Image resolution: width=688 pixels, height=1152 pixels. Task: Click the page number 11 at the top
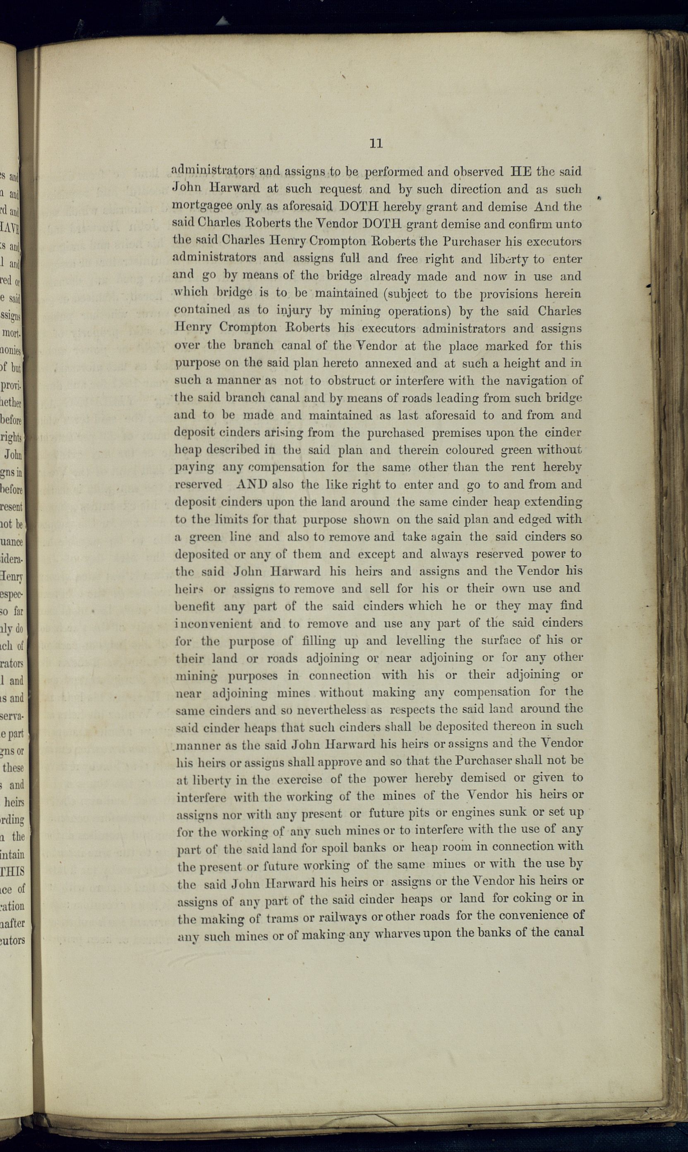point(376,143)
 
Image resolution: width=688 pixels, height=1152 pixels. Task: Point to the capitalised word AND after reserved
point(252,484)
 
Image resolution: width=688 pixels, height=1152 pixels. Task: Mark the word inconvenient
point(214,624)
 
